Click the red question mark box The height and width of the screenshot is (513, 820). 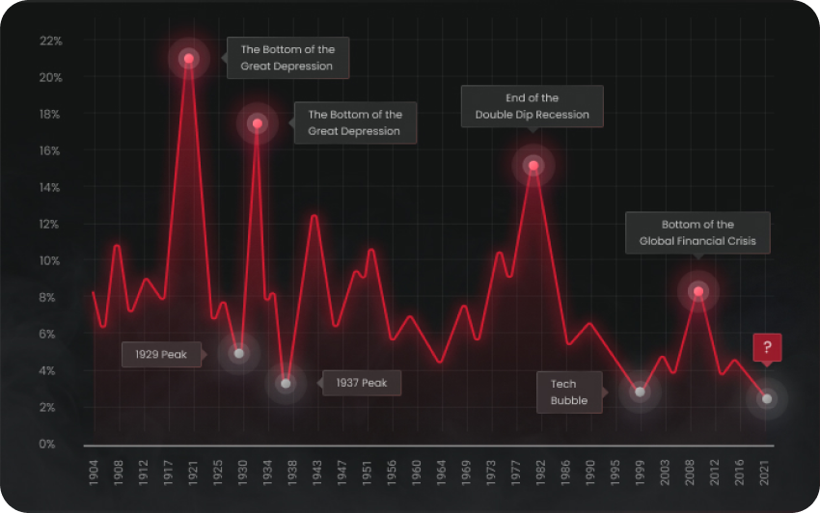click(767, 348)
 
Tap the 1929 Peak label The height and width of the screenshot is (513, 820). click(162, 355)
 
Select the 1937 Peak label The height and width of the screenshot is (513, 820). click(362, 383)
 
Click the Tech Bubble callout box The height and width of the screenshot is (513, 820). click(569, 392)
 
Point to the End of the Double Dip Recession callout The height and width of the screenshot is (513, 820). click(532, 106)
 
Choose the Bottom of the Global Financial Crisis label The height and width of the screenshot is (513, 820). click(697, 232)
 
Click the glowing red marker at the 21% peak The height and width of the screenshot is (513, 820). click(189, 59)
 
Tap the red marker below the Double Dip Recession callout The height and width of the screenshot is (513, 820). click(533, 166)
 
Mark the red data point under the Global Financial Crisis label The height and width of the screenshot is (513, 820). click(698, 291)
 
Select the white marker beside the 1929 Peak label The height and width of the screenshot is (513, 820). click(239, 354)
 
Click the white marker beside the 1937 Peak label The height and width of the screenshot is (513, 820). click(286, 384)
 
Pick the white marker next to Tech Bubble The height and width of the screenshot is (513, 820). click(640, 391)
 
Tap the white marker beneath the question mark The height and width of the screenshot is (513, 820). click(767, 398)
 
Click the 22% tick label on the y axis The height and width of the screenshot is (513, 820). click(50, 40)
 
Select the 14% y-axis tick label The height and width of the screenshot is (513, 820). click(50, 187)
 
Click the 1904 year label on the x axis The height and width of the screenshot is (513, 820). click(94, 474)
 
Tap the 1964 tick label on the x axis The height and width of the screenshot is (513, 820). click(441, 474)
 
